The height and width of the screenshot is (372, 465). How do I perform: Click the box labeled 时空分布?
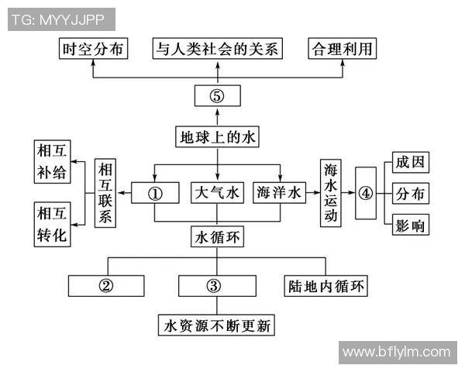tap(94, 50)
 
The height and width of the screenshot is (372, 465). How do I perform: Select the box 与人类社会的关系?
tap(216, 50)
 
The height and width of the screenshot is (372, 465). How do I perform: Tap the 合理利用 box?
tap(342, 50)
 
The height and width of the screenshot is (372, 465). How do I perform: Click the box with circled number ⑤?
tap(217, 96)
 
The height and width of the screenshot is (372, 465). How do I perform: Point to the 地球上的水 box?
tap(216, 137)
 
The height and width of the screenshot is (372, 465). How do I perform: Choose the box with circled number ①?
tap(155, 194)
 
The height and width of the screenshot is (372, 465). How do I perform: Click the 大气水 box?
tap(217, 194)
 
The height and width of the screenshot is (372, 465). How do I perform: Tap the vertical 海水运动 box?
tap(331, 193)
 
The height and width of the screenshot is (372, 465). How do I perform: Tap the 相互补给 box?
tap(52, 161)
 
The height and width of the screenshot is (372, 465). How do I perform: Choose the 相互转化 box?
tap(52, 224)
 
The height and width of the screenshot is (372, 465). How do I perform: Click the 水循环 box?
tap(217, 238)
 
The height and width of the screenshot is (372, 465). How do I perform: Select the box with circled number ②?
tap(107, 285)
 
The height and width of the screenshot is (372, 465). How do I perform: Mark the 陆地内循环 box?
tap(324, 285)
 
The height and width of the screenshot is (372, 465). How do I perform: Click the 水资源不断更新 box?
tap(217, 325)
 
